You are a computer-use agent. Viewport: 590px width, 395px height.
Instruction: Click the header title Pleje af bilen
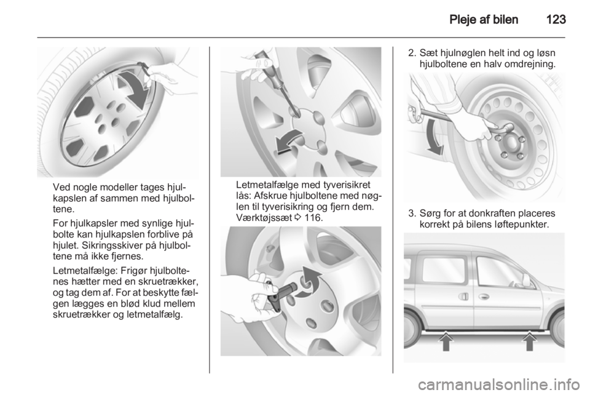(x=484, y=19)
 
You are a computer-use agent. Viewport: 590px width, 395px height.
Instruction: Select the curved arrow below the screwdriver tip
(x=289, y=142)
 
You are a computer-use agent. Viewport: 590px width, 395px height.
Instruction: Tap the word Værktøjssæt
(x=264, y=218)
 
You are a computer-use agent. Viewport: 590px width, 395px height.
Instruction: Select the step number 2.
(x=412, y=53)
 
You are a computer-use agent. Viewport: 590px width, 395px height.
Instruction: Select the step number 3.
(x=412, y=213)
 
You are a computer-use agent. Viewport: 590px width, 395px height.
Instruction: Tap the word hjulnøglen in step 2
(x=465, y=53)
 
